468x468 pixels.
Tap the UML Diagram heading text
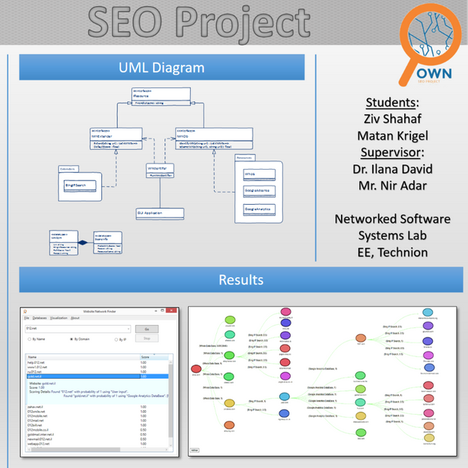(161, 68)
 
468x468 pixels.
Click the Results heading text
(240, 280)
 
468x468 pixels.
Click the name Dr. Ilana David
(393, 169)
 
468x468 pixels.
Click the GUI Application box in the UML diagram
(160, 213)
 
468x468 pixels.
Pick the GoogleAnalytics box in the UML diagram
(259, 208)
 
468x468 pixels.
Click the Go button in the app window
(146, 329)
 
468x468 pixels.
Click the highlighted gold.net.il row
(84, 377)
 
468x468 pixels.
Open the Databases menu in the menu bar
(40, 318)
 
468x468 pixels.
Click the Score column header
(145, 356)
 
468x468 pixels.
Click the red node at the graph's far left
(196, 371)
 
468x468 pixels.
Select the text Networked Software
(393, 219)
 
